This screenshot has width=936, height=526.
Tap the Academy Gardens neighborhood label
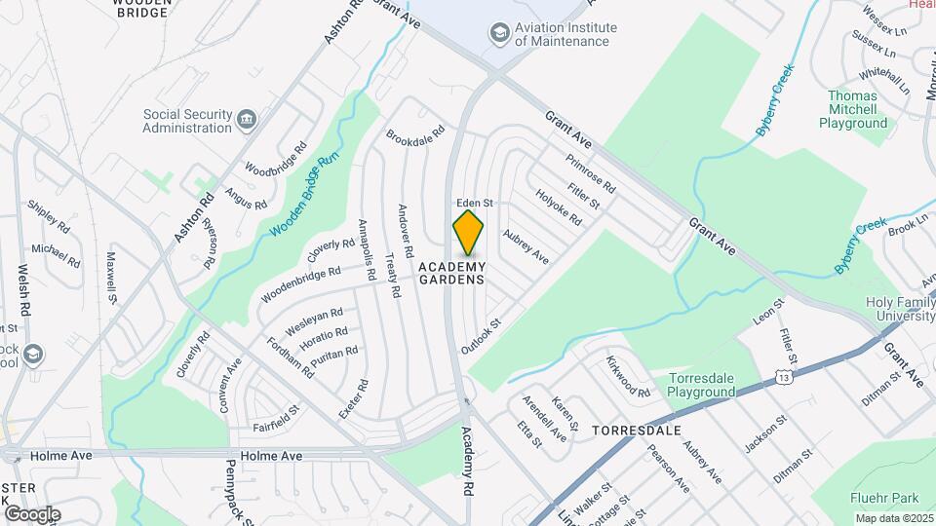click(452, 274)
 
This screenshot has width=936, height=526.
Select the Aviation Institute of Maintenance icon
click(501, 35)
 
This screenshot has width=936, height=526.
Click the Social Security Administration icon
click(248, 120)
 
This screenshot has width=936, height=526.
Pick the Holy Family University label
click(900, 310)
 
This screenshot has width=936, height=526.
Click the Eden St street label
click(476, 203)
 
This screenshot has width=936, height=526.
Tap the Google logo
click(32, 513)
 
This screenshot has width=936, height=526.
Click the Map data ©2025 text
click(893, 518)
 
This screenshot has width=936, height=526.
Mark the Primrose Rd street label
click(590, 172)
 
